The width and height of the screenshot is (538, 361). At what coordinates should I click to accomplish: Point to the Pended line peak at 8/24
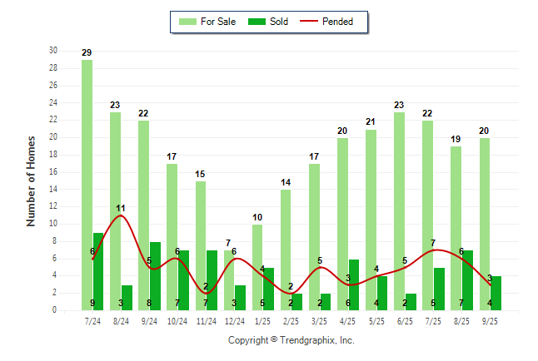(x=122, y=215)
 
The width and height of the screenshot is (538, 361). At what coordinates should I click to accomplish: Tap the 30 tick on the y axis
(x=52, y=50)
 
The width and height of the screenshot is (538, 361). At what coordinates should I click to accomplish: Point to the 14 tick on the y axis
(x=52, y=189)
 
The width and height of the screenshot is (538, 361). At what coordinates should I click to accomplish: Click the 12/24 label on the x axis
(x=234, y=320)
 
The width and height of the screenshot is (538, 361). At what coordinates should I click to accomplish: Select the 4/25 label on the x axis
(x=348, y=320)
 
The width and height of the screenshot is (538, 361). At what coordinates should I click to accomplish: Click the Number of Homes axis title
(x=31, y=180)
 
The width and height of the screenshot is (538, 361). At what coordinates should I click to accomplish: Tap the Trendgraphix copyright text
(x=291, y=340)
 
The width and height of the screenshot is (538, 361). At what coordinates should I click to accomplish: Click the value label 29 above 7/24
(x=87, y=52)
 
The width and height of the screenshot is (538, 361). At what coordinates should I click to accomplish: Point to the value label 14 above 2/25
(x=286, y=182)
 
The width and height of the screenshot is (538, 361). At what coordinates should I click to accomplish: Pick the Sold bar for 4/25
(x=354, y=284)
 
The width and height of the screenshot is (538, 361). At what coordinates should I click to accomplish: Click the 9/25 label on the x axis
(x=490, y=320)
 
